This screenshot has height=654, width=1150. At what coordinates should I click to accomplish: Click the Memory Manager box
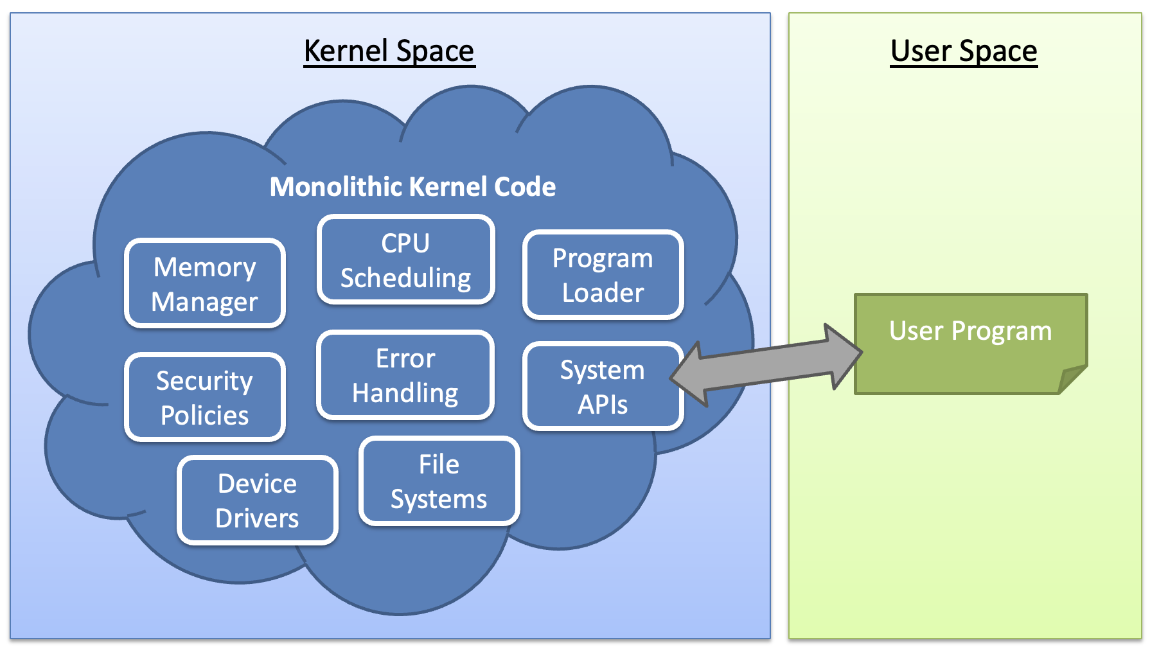point(205,283)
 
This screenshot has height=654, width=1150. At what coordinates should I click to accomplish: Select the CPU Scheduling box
point(405,260)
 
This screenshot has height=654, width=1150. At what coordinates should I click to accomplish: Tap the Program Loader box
point(603,274)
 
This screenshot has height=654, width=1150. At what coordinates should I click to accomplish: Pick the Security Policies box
point(205,397)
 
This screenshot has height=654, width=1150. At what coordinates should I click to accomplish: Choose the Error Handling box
point(405,375)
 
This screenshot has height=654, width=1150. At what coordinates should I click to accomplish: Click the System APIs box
point(603,386)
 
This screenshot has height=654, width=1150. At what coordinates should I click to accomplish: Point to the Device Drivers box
point(257,500)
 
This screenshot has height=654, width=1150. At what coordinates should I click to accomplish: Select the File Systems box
point(439,481)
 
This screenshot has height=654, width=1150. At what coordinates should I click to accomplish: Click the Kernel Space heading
point(389,51)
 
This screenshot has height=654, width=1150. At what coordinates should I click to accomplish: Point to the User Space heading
point(964,51)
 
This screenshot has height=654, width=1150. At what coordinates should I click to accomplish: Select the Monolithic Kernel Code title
point(412,187)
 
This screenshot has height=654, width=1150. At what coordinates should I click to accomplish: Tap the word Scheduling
point(405,278)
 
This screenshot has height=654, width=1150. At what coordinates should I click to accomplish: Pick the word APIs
point(603,405)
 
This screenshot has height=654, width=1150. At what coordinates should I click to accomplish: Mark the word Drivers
point(257,518)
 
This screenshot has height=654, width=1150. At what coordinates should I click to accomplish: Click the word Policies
point(205,415)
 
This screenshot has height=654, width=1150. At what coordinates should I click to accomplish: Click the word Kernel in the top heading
point(346,51)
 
